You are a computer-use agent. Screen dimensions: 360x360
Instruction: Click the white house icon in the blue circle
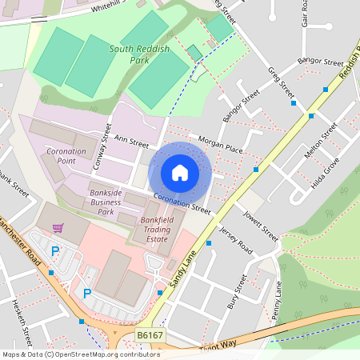[180, 172]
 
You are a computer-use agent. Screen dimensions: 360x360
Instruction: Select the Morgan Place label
[220, 144]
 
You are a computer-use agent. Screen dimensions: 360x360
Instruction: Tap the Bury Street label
[237, 293]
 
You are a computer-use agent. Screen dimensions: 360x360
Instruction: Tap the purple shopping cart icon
[58, 228]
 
